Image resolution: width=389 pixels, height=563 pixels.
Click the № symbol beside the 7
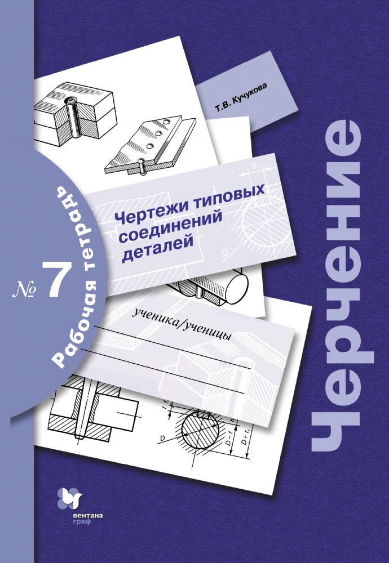(x=23, y=288)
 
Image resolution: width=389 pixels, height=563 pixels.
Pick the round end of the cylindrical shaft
(x=237, y=284)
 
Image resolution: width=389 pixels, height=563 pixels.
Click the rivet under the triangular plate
(x=142, y=168)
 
